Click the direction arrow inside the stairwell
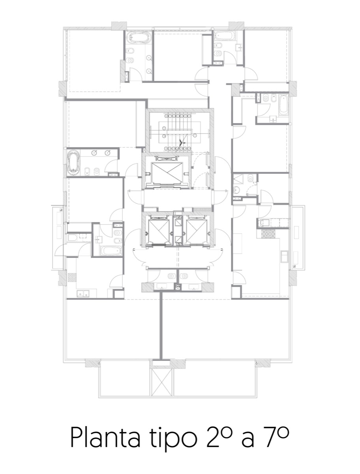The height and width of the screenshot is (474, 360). click(183, 142)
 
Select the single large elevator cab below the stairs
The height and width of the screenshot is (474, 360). click(167, 172)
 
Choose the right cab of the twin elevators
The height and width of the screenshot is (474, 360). click(196, 230)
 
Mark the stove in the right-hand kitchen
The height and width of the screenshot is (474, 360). click(268, 234)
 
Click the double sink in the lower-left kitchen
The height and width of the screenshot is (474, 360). click(83, 293)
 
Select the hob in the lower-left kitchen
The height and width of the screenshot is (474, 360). click(72, 277)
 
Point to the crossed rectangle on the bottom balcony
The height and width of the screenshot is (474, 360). click(161, 382)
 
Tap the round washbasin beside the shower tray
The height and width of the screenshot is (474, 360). click(237, 190)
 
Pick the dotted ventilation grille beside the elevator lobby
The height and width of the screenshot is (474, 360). click(202, 209)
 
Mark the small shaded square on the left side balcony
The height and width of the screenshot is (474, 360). click(61, 209)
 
